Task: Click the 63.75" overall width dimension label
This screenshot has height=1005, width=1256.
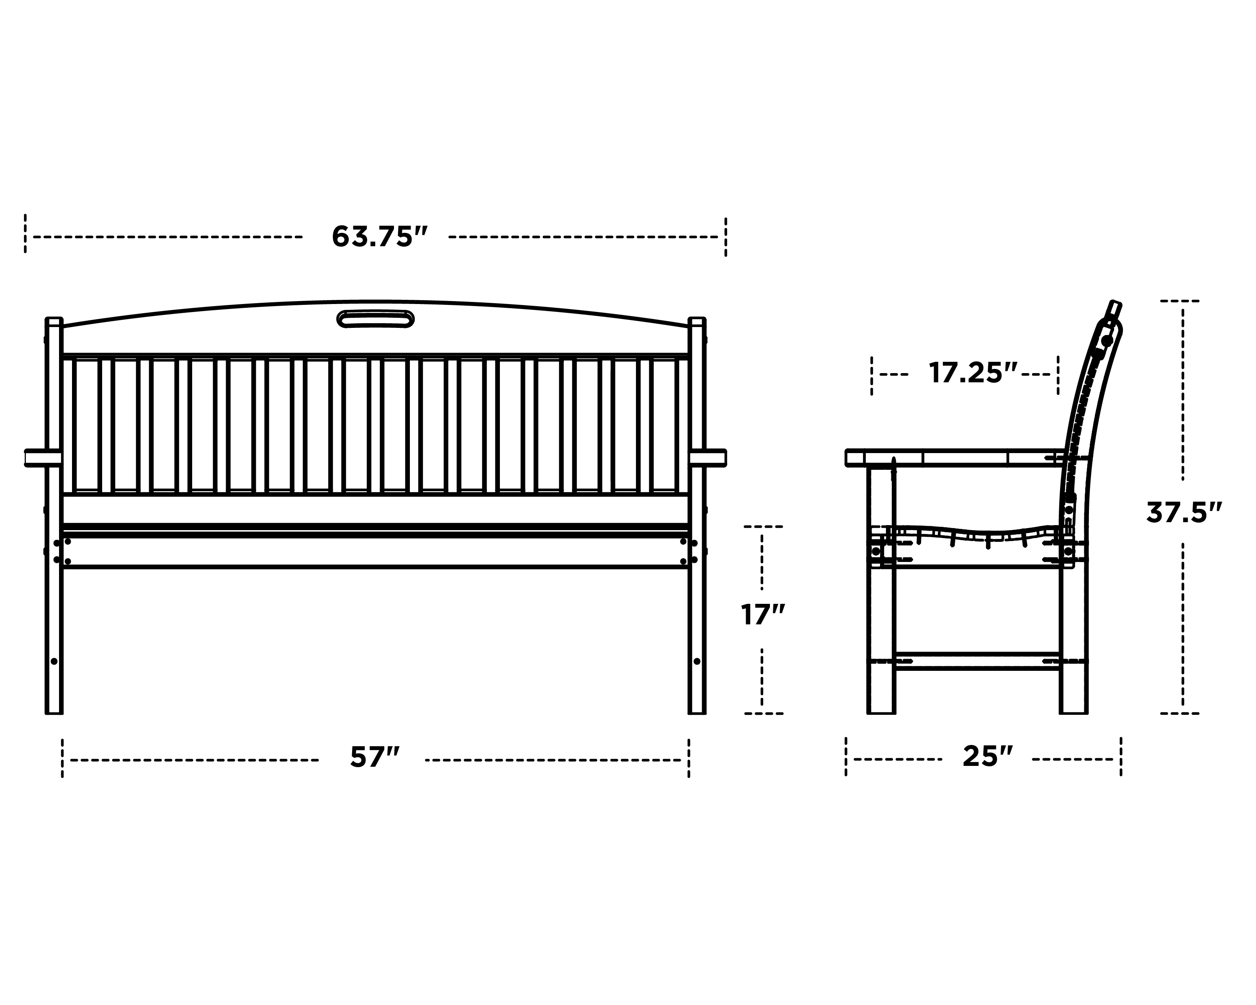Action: [x=379, y=237]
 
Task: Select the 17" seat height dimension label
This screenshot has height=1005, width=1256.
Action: [x=762, y=615]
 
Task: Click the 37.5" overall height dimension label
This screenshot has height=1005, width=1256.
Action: [x=1183, y=513]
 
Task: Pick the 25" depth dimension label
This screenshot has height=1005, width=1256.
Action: [x=988, y=756]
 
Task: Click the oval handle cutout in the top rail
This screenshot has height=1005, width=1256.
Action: [x=376, y=319]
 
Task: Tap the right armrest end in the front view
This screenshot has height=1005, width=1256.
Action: [x=716, y=458]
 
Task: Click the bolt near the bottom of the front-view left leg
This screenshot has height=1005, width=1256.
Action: [x=54, y=661]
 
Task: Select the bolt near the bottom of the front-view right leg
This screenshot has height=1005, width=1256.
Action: [x=697, y=661]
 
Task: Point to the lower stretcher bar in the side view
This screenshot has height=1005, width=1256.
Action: [x=977, y=661]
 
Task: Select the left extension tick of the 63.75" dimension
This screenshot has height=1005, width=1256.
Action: [x=25, y=234]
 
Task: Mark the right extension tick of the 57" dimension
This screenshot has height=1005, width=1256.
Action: [x=689, y=758]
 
